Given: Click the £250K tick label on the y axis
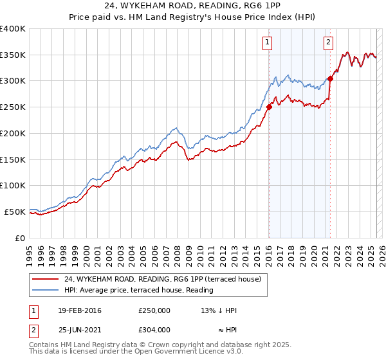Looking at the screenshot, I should point(13,107).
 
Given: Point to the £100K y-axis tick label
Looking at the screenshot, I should point(13,185).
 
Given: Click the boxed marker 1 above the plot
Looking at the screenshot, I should point(267,43).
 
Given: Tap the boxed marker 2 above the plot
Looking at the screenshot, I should point(328,43).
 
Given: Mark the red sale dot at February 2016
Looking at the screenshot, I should point(269,107).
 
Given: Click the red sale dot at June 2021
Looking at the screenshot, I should point(330,79).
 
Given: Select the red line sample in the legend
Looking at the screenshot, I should point(46,279).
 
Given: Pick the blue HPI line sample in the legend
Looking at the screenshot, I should point(46,290).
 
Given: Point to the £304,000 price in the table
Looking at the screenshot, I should point(154,330).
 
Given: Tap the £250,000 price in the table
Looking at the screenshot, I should point(154,310).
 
